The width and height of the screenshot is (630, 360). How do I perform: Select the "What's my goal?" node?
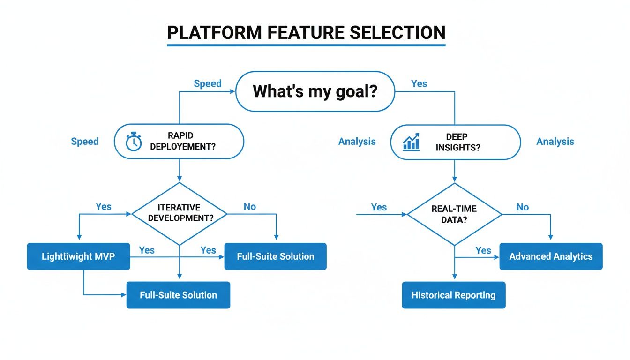315,91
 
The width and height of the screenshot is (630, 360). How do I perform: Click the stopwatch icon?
134,142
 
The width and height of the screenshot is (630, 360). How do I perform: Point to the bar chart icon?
411,142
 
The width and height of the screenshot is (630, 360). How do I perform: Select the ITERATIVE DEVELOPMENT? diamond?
179,213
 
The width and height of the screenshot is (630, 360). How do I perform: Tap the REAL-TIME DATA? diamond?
454,214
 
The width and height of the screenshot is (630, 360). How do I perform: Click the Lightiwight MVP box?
78,256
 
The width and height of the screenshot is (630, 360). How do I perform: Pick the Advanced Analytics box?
551,256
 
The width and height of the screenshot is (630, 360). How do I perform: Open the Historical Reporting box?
453,295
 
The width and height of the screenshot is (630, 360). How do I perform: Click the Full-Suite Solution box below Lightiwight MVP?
178,295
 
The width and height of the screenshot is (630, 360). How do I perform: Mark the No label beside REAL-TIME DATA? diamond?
523,207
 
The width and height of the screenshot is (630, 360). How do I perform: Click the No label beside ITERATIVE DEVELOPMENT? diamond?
250,207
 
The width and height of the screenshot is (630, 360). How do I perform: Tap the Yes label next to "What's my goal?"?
419,83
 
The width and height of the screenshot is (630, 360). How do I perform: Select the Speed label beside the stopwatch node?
85,142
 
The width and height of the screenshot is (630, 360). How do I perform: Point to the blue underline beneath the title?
306,45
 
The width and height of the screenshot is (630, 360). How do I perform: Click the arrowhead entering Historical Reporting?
454,278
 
